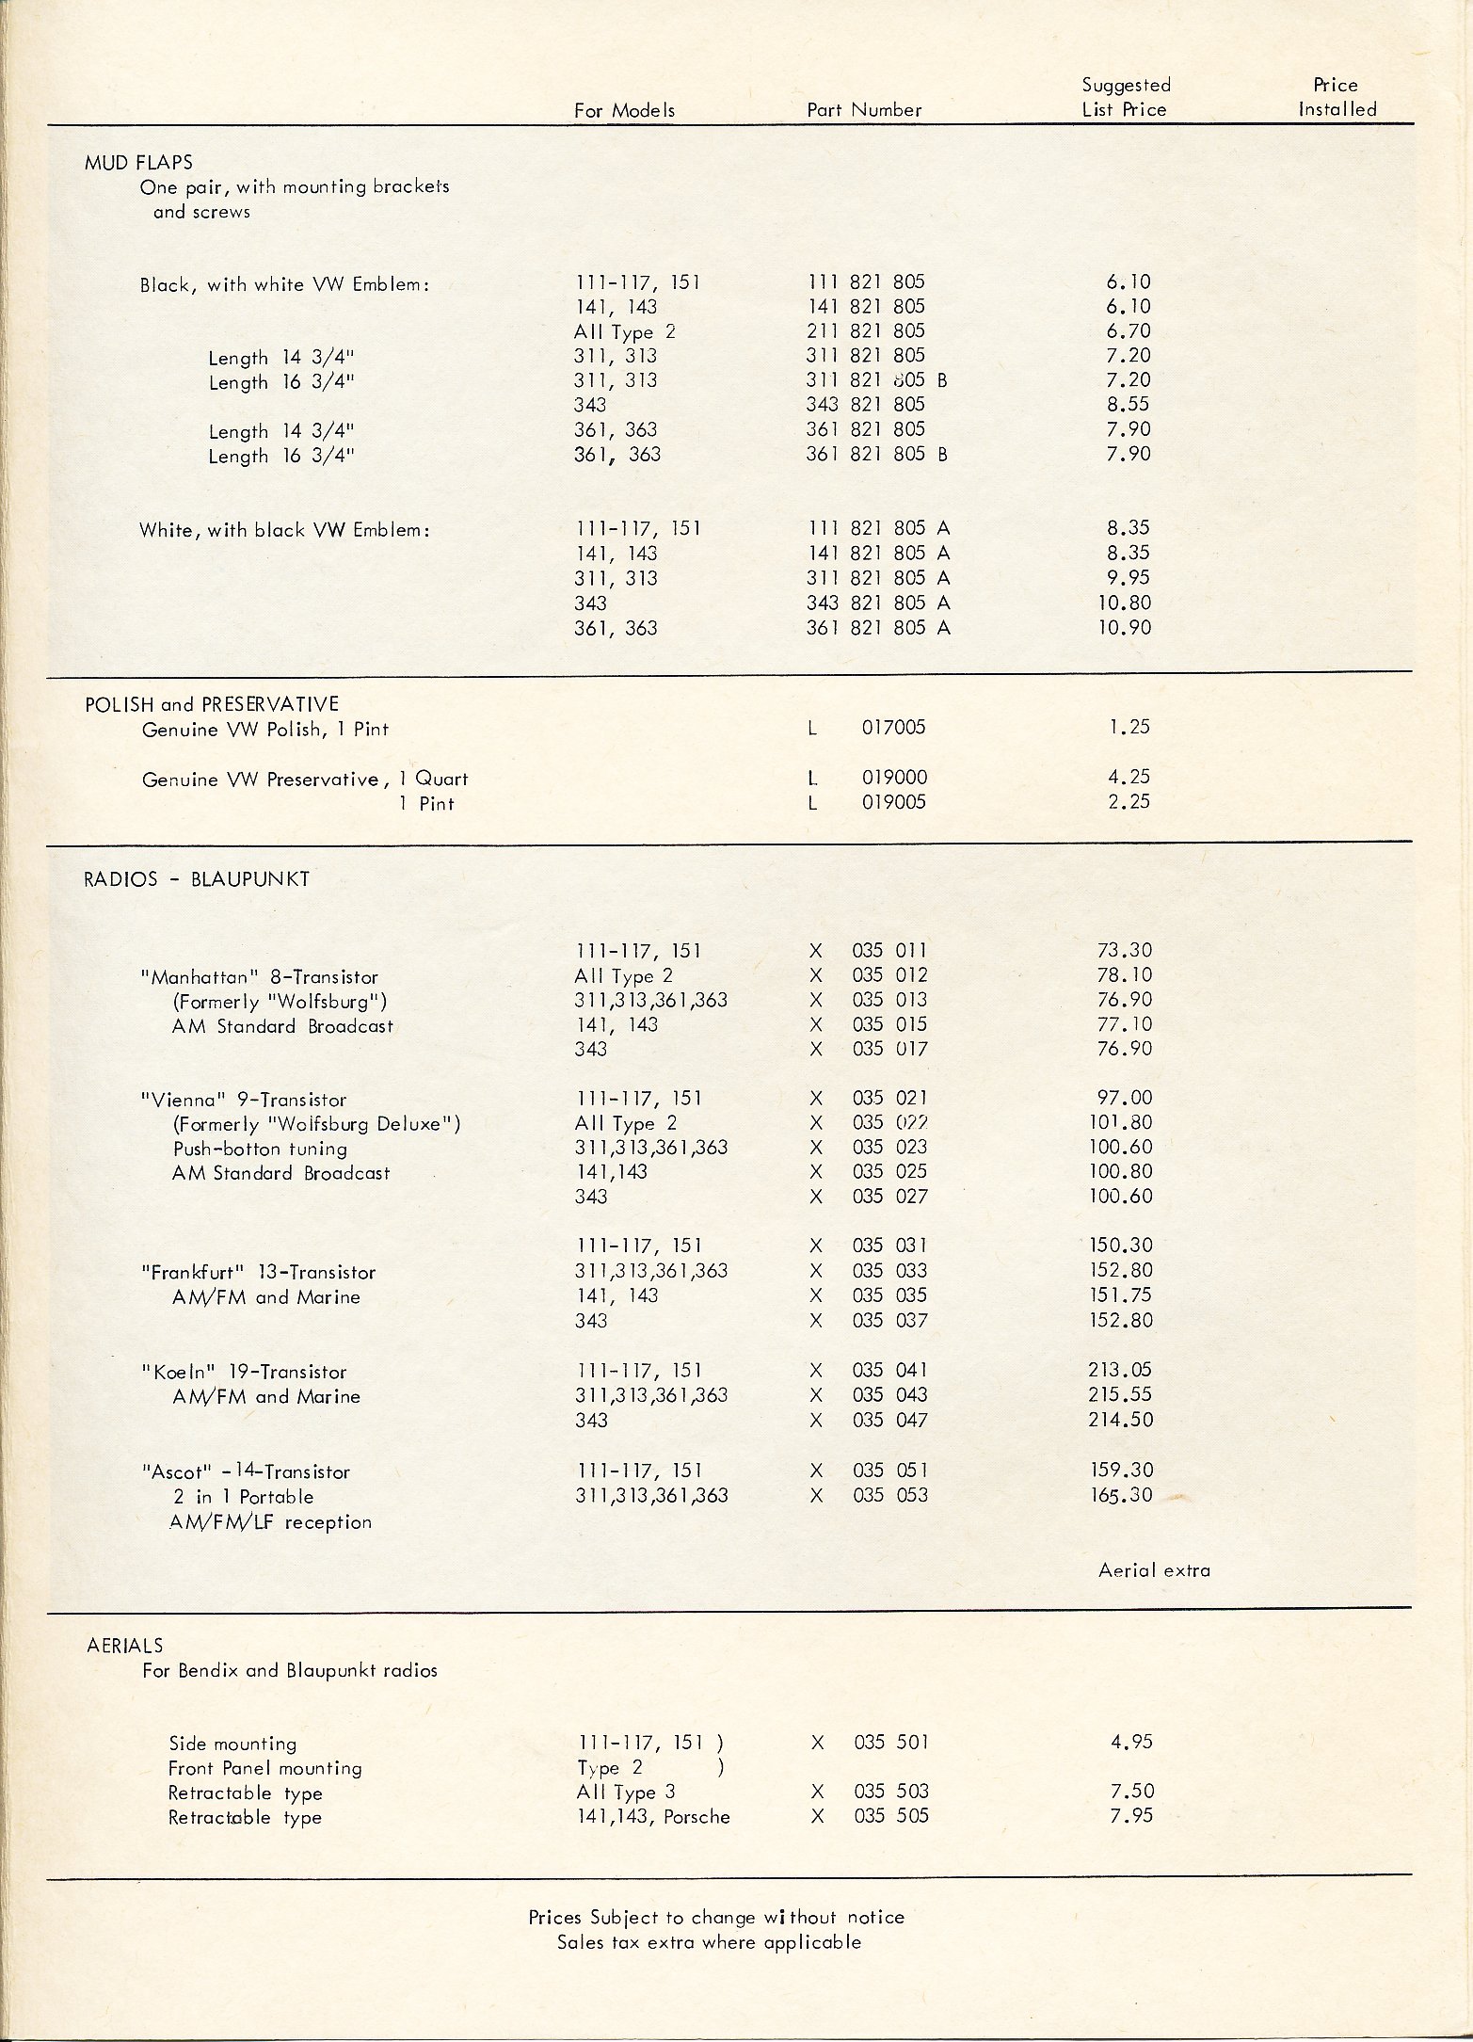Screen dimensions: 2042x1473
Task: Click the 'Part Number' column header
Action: [x=864, y=110]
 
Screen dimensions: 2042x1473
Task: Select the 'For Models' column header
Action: [x=624, y=111]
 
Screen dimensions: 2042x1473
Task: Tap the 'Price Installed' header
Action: [x=1337, y=97]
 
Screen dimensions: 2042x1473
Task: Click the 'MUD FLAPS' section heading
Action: [x=138, y=162]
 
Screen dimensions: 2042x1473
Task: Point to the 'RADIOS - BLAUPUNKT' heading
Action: [x=197, y=879]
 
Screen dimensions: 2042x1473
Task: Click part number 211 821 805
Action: [x=866, y=331]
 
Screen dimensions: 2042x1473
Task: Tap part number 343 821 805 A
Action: [x=878, y=603]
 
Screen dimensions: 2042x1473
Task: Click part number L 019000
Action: [x=868, y=778]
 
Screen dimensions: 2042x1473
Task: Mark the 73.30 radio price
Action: [x=1124, y=951]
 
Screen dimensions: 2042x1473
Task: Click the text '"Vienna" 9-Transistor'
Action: [x=243, y=1100]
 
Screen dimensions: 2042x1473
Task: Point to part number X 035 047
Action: [x=869, y=1420]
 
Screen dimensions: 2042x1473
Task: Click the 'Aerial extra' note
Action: [x=1154, y=1570]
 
